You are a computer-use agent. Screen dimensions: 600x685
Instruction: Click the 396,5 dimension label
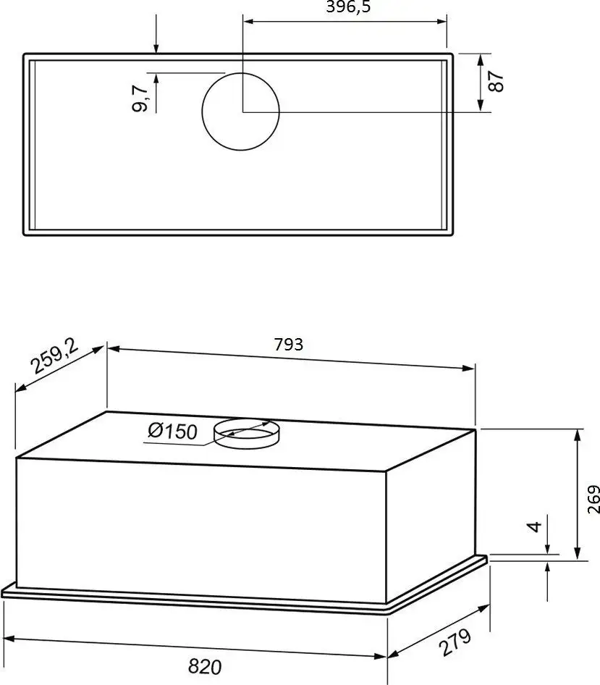[348, 7]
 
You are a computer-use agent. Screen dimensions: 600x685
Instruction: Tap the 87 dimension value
[496, 81]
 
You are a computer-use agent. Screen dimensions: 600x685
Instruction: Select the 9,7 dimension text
[140, 98]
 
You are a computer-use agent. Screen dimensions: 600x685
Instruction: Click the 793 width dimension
[289, 345]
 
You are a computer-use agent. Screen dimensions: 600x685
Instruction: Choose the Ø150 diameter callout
[173, 431]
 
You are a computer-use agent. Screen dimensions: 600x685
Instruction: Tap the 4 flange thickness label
[534, 526]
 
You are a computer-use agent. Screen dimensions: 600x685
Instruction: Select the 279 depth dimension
[455, 642]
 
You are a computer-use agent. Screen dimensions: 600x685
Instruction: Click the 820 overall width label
[205, 667]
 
